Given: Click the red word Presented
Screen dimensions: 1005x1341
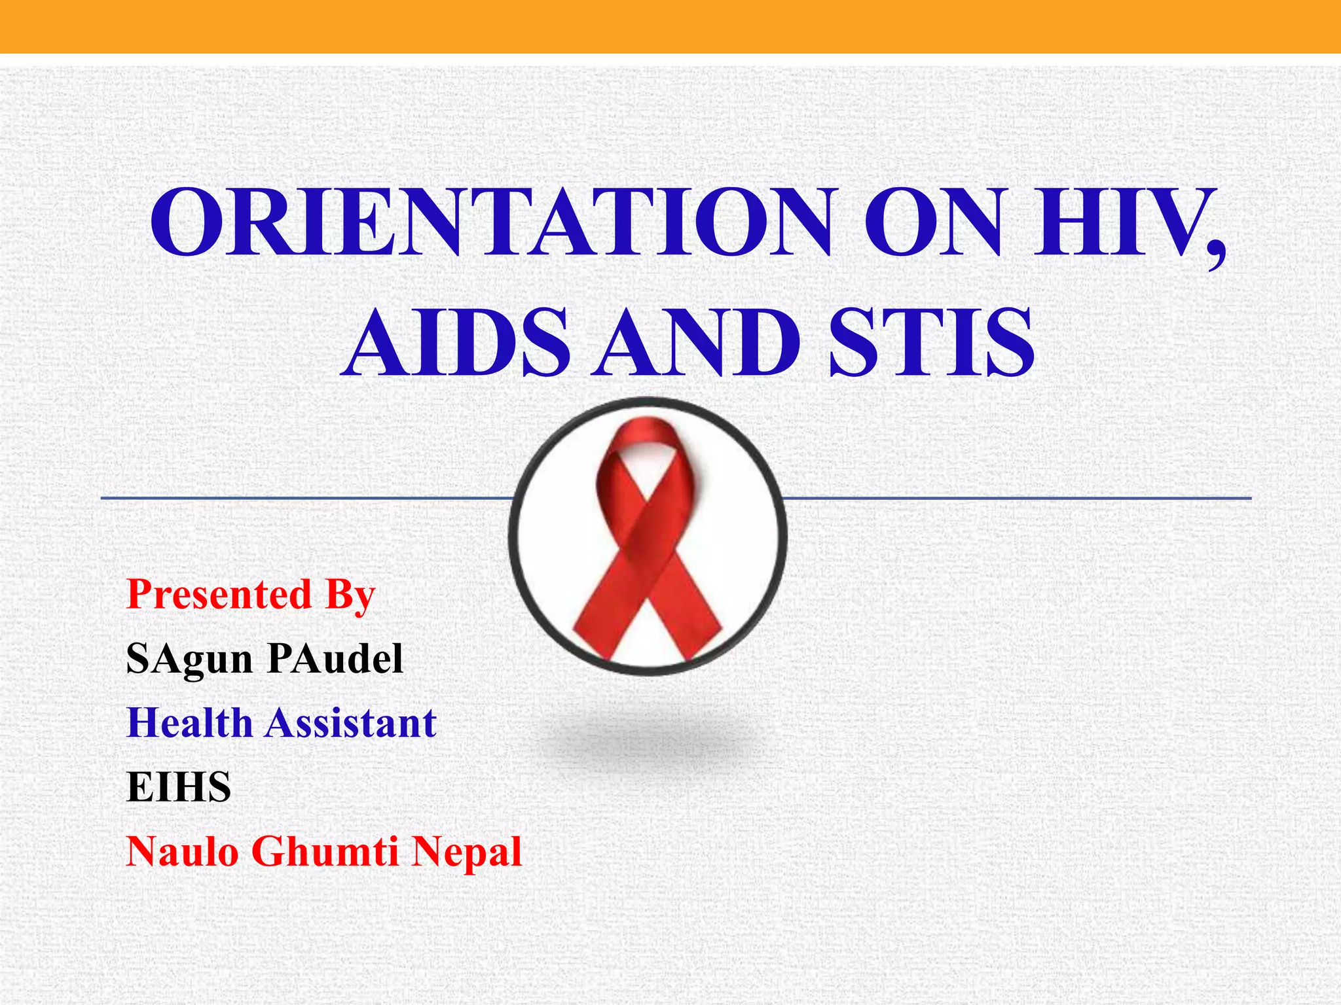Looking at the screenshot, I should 219,595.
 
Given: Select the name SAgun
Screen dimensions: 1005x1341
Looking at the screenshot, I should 189,660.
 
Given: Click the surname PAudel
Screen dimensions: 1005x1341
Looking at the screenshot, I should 335,658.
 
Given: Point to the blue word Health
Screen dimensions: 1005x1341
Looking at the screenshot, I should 189,723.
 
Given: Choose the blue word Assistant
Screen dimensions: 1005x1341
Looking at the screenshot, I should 351,723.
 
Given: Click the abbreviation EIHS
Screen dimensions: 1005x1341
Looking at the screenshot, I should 178,787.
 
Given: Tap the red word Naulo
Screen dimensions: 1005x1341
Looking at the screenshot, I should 181,851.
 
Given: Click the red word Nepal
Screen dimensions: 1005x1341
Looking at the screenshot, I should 468,853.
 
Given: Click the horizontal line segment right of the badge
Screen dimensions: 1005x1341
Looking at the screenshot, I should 1015,499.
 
